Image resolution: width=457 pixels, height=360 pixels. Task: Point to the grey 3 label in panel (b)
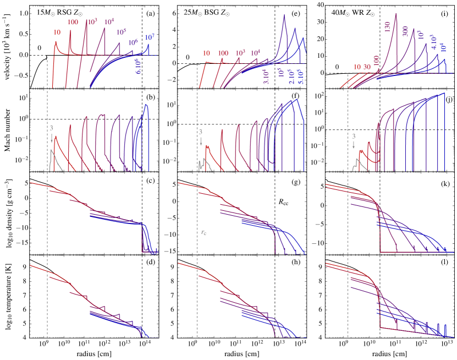[x=51, y=129]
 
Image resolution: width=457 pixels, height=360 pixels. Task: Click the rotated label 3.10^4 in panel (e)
[x=267, y=76]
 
